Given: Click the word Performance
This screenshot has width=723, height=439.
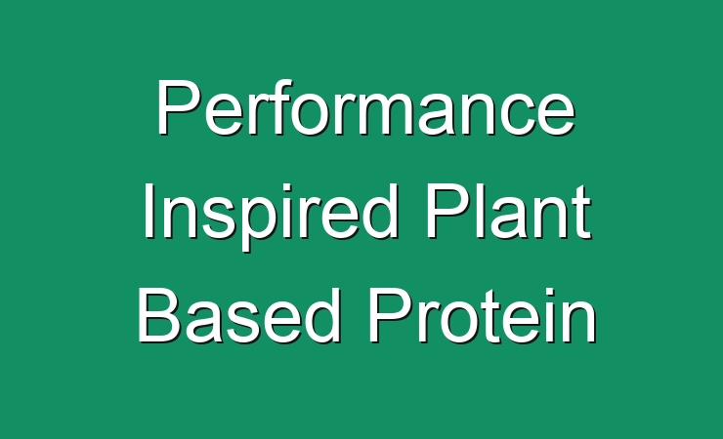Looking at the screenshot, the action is (366, 107).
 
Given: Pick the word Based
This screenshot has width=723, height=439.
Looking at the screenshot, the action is (239, 316).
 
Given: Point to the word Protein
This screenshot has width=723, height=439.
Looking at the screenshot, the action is (482, 316).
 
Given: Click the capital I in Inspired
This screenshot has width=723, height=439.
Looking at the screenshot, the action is (149, 212).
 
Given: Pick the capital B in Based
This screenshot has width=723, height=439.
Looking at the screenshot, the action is (159, 316).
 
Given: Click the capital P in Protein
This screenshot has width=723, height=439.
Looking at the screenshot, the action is (390, 316).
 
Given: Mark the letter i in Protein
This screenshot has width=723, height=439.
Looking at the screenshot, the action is (548, 316).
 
